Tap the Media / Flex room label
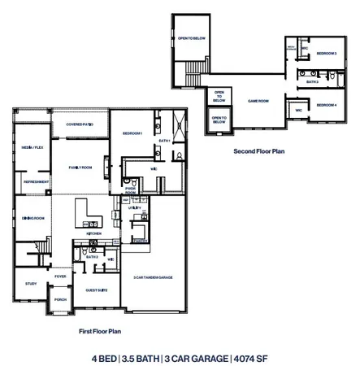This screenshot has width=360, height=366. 33,148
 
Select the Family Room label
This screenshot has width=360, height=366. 80,167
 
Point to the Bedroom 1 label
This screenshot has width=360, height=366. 132,133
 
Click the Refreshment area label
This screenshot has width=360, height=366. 35,181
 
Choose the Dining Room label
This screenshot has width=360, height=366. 33,218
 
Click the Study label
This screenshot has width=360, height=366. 31,283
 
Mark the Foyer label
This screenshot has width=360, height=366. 60,277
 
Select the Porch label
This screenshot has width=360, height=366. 60,298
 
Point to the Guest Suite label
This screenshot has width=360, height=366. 96,290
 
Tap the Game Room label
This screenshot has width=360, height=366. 258,101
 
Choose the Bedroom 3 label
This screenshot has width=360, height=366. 326,53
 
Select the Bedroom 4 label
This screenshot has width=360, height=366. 326,105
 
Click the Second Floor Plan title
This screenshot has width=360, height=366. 259,150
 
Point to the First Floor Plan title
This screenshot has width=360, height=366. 100,331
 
